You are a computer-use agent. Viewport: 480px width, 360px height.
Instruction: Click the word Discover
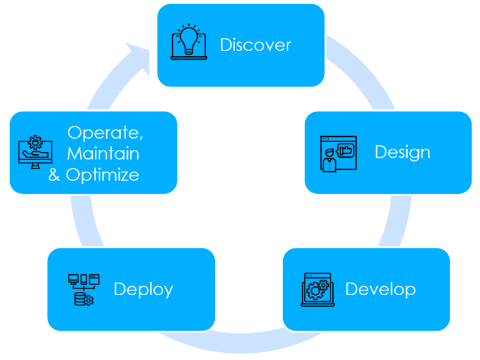click(255, 45)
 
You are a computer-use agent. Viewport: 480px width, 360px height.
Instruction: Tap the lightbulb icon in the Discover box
click(189, 42)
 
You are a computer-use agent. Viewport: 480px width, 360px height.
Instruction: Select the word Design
click(402, 152)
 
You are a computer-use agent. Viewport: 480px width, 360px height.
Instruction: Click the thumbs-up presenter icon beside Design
click(338, 153)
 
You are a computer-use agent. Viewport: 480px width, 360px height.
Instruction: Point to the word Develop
click(380, 289)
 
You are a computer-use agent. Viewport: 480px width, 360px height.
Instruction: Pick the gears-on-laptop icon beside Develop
click(316, 290)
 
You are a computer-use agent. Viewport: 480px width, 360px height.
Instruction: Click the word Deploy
click(143, 289)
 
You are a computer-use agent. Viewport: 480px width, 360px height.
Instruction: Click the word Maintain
click(103, 154)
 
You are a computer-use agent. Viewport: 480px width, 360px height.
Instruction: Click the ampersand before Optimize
click(55, 175)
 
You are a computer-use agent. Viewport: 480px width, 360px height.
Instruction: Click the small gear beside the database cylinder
click(89, 300)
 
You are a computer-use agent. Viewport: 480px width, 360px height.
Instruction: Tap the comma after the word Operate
click(142, 138)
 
